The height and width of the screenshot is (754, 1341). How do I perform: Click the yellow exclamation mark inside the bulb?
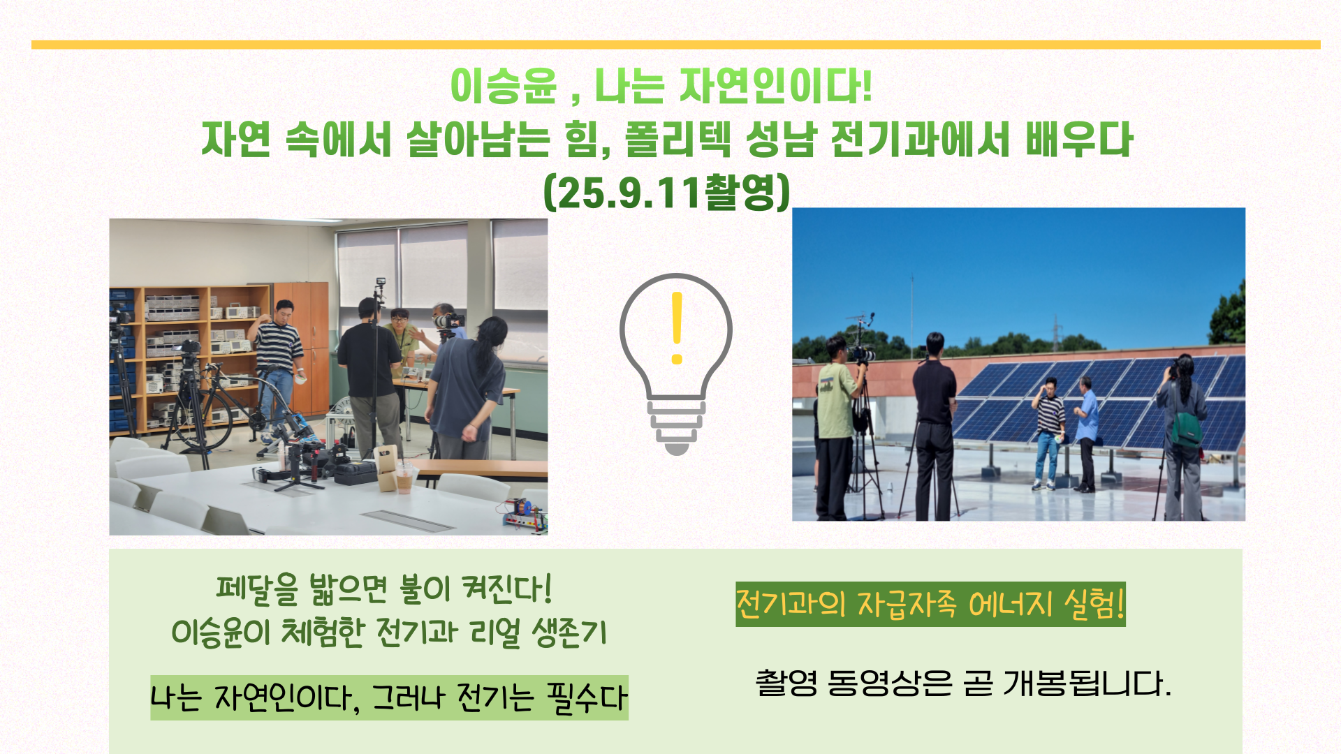676,328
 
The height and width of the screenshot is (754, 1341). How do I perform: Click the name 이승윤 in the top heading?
504,86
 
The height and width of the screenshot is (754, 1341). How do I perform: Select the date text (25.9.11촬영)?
667,191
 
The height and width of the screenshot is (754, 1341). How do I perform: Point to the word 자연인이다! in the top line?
775,86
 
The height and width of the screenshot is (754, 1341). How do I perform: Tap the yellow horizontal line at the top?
676,45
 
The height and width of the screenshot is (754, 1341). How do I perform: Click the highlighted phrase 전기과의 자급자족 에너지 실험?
930,604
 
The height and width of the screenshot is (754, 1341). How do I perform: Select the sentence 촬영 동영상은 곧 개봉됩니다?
963,683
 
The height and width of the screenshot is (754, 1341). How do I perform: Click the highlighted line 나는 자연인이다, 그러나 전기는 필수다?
389,697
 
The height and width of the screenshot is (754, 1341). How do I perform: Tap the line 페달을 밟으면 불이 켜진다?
384,589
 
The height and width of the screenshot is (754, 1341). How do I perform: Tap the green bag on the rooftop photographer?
1187,429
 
